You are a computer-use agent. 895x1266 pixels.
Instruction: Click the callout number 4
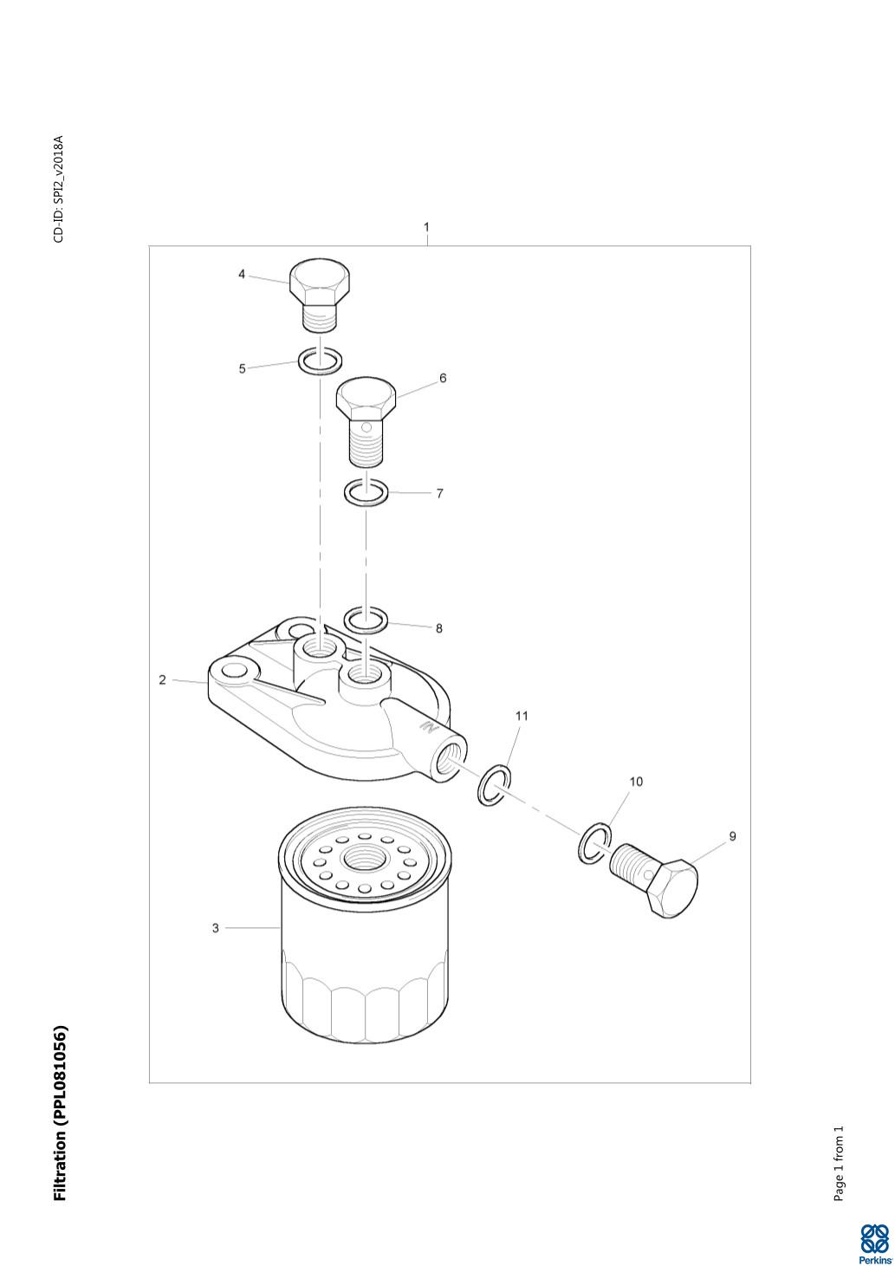click(242, 275)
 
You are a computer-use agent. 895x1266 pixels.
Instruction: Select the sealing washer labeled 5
click(320, 360)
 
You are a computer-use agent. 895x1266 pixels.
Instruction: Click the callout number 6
click(443, 378)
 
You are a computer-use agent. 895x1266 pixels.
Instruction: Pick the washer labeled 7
click(366, 490)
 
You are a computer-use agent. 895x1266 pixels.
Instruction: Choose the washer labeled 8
click(366, 619)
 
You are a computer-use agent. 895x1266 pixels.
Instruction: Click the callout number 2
click(163, 680)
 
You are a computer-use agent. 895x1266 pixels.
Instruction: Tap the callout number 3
click(215, 928)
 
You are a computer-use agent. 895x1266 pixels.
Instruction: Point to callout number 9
click(733, 836)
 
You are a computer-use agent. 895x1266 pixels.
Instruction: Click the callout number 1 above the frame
click(426, 227)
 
